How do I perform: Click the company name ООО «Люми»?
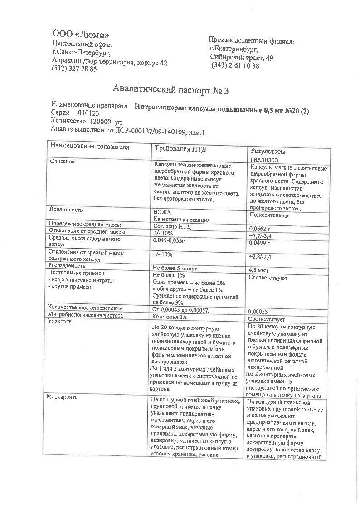tap(80, 35)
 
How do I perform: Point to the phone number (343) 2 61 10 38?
tap(235, 66)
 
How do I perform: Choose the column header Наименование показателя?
tap(90, 147)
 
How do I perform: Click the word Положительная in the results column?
tap(270, 215)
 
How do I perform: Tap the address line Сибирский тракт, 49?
tap(241, 58)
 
